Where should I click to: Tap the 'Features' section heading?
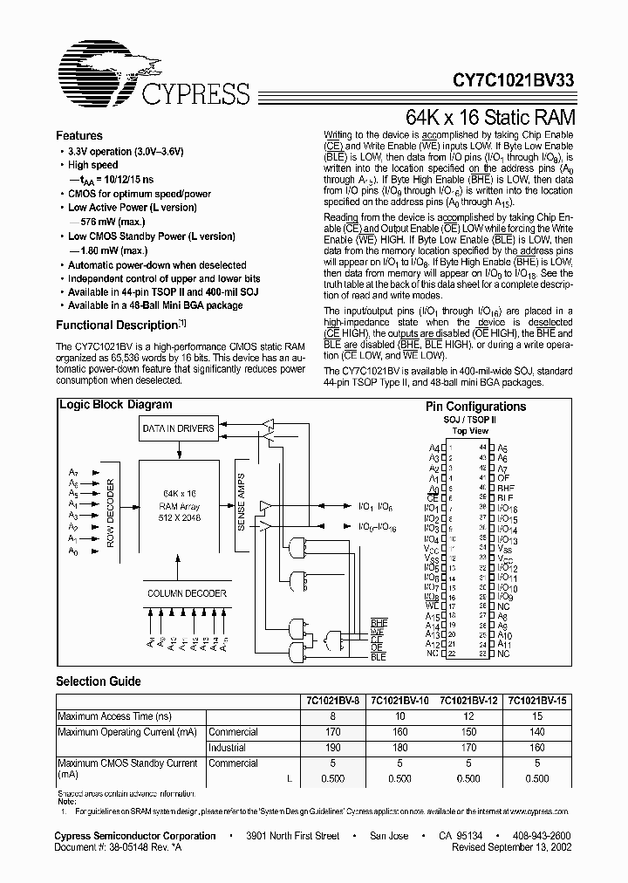[79, 136]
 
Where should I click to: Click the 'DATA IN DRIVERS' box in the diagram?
[178, 428]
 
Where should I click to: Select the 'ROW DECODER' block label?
[110, 513]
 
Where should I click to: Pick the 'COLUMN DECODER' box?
[187, 593]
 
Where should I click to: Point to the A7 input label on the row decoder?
[73, 472]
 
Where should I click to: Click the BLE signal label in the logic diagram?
[378, 656]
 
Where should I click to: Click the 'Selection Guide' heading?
[98, 681]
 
